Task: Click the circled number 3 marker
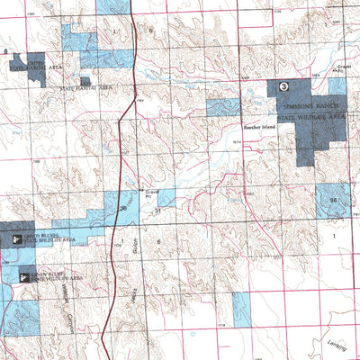point(284,86)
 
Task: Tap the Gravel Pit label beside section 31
point(152,193)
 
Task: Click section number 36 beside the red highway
point(122,209)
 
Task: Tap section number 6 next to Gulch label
point(158,243)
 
